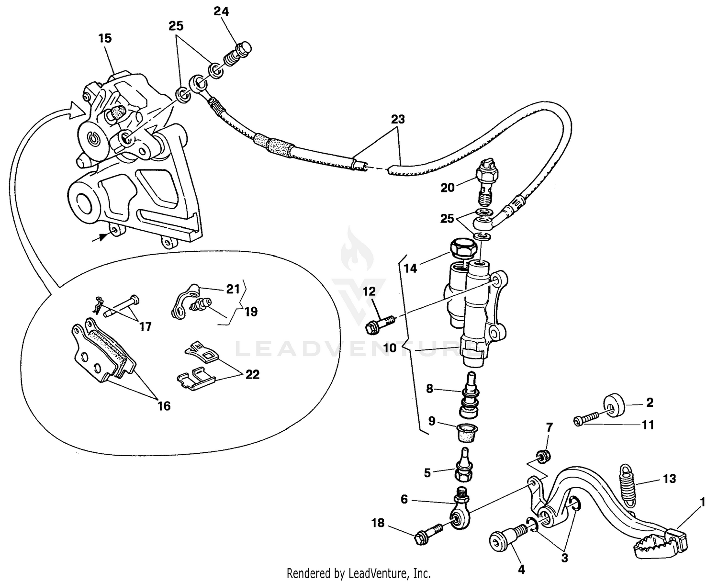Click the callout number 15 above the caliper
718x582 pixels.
click(x=105, y=38)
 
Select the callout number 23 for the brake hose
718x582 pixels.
click(x=398, y=119)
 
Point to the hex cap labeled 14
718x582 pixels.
click(x=461, y=248)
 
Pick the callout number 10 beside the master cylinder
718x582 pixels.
click(x=390, y=348)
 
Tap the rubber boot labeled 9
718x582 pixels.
click(x=464, y=427)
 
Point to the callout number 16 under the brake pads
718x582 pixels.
click(x=164, y=406)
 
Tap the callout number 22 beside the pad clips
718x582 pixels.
click(x=252, y=374)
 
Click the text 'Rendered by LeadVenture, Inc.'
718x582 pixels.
click(x=359, y=572)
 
